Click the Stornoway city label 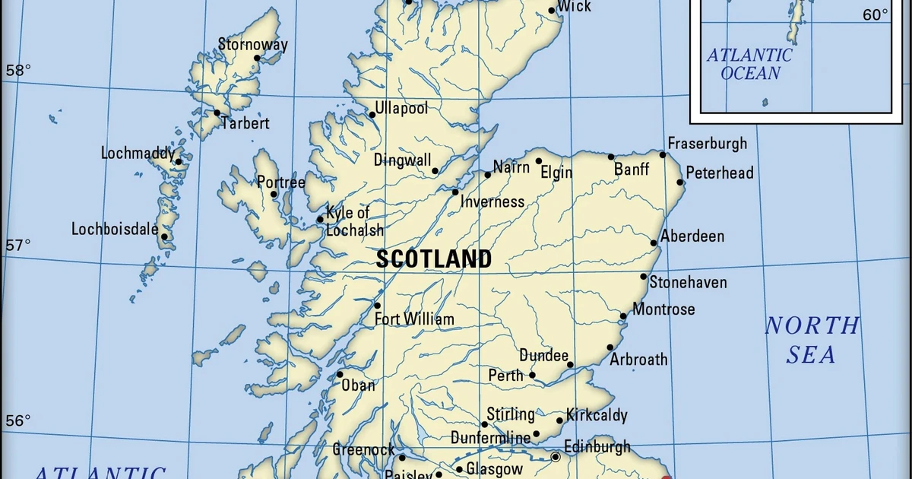click(x=252, y=44)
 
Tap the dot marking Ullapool click(x=372, y=115)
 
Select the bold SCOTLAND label click(x=434, y=260)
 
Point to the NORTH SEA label click(x=812, y=340)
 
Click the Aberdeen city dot click(x=654, y=243)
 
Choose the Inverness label click(x=492, y=201)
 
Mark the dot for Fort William click(x=377, y=306)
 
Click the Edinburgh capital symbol click(x=556, y=457)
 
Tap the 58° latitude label click(x=18, y=71)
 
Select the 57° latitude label click(x=18, y=246)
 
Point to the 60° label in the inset click(x=876, y=14)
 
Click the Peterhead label click(x=720, y=173)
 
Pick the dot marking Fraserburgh click(x=663, y=154)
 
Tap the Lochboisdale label click(x=115, y=229)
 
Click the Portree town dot click(x=274, y=194)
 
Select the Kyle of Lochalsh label click(x=353, y=221)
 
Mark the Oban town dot click(x=340, y=374)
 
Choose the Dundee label click(x=543, y=355)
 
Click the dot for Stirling click(x=484, y=424)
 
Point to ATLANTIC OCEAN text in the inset click(x=749, y=65)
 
